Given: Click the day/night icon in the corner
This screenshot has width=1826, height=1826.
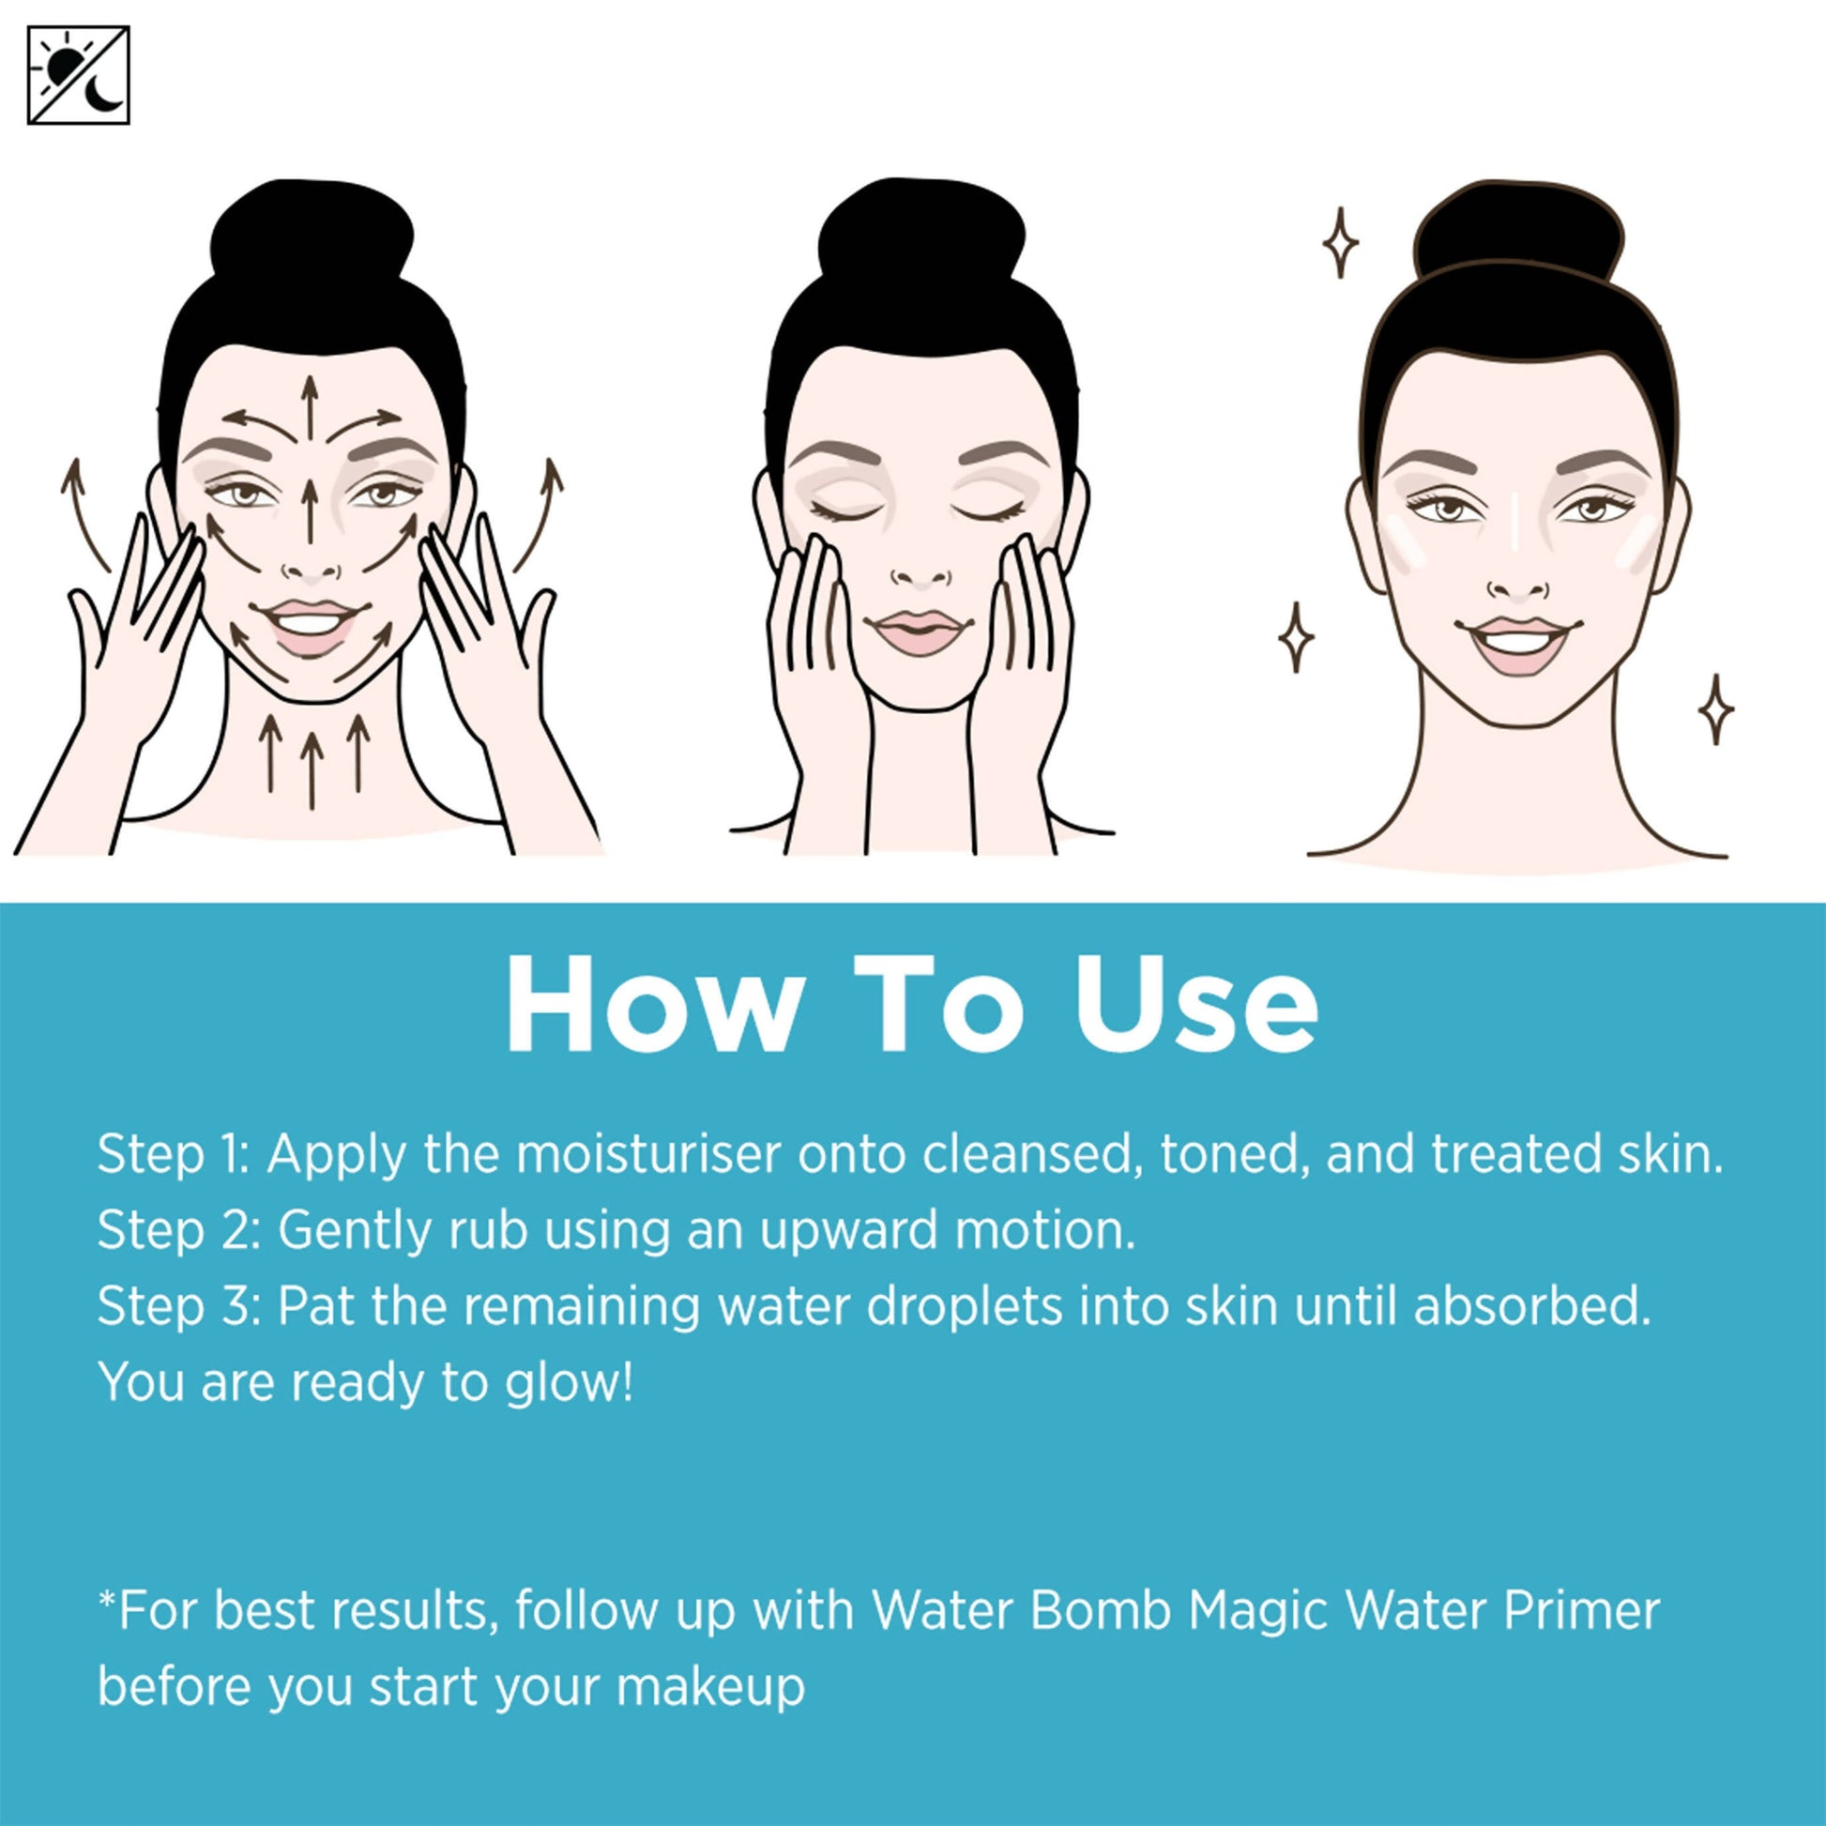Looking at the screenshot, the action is coord(79,76).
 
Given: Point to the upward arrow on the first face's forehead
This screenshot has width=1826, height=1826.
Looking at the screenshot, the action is coord(308,408).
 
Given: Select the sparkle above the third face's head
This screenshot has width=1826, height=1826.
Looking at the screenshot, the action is coord(1339,244).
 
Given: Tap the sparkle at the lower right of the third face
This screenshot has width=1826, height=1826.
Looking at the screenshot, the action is coord(1716,708).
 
